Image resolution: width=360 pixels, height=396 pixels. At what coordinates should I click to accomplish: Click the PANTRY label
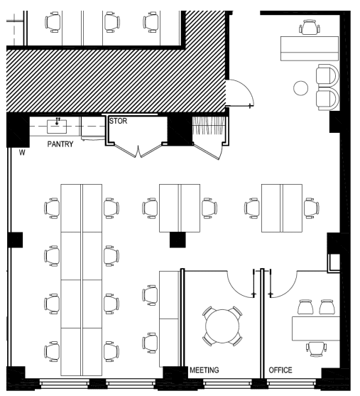pos(60,144)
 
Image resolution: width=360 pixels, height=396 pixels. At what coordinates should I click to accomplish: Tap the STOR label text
pos(118,122)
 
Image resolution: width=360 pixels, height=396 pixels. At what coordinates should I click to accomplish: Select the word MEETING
pos(204,370)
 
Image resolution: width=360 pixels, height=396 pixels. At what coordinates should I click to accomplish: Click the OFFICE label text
pos(280,370)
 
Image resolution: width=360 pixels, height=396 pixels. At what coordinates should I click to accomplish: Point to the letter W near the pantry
pos(22,153)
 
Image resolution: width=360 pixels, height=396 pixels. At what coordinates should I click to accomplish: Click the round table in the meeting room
pos(222,326)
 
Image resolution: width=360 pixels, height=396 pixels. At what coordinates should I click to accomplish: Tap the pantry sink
pos(57,127)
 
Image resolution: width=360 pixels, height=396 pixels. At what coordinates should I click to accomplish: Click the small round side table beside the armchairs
pos(301,88)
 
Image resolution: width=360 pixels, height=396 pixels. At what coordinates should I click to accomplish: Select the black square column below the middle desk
pos(178,240)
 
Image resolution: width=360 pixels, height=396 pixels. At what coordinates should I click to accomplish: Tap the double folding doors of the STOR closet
pos(138,151)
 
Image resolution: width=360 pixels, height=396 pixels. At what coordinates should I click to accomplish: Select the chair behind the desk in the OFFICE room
pos(317,349)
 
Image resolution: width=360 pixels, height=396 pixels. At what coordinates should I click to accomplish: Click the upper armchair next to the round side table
pos(327,75)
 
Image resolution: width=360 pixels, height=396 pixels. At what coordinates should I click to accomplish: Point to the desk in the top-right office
pos(310,48)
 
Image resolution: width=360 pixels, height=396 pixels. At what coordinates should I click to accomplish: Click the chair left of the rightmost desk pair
pos(252,208)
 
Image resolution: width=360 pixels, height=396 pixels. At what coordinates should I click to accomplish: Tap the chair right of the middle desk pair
pos(209,208)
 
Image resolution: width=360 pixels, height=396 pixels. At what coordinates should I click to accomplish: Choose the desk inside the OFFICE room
pos(316,328)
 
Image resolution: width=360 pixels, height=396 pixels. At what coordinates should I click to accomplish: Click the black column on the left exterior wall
pos(15,240)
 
